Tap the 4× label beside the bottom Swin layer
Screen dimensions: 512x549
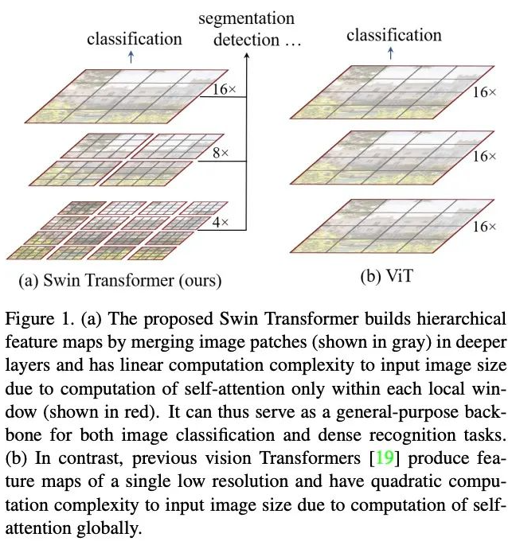click(221, 224)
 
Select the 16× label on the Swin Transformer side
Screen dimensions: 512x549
click(225, 89)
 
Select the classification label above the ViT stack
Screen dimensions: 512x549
click(393, 35)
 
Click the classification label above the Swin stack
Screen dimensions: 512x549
click(135, 38)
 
